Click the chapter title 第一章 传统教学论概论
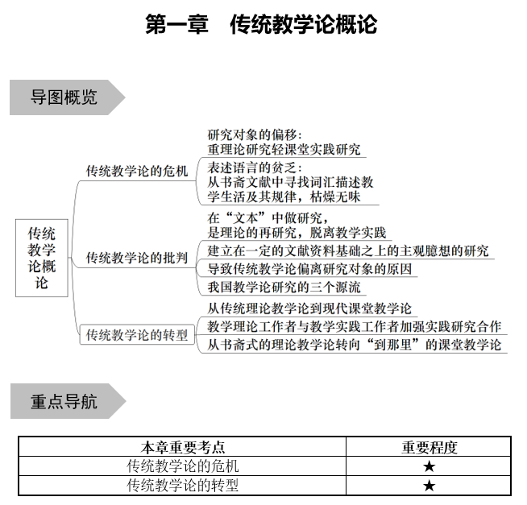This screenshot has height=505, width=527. point(263,24)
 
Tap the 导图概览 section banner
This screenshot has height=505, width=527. point(64,97)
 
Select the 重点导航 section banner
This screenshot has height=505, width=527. point(64,401)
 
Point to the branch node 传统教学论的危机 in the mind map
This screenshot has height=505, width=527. point(137,171)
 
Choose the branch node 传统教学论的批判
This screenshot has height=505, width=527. point(137,258)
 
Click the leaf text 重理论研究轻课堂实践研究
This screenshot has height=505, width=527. point(284,149)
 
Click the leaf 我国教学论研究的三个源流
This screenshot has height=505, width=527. point(284,287)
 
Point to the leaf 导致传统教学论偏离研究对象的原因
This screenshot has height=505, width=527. point(310,269)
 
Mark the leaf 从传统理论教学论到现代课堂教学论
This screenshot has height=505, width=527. point(309,308)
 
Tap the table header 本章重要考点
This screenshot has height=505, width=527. point(183,448)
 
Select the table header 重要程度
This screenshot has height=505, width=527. point(429,448)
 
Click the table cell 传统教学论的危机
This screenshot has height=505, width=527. point(183,466)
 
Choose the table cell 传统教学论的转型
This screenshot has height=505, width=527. point(183,485)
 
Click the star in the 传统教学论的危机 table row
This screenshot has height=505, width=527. point(429,467)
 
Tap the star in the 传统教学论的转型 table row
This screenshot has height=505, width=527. point(429,486)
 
